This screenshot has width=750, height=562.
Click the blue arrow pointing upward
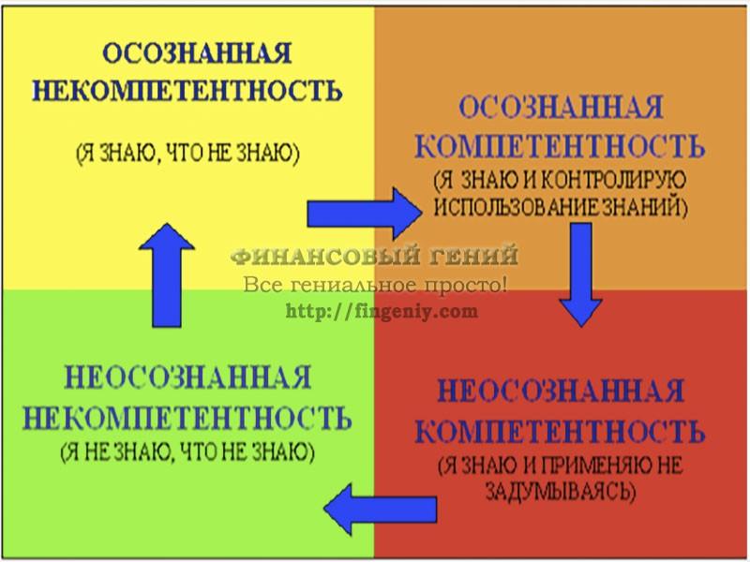(167, 274)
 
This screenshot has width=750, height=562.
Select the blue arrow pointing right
(365, 214)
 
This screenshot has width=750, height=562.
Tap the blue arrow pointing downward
(580, 274)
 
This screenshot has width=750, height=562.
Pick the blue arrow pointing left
(381, 509)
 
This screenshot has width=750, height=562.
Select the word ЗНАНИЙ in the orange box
(644, 207)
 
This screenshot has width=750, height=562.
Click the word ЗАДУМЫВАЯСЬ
(561, 490)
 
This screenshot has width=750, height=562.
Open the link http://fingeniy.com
(382, 312)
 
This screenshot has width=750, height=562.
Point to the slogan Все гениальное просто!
(375, 285)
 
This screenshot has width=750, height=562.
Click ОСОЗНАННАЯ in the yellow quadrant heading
(197, 52)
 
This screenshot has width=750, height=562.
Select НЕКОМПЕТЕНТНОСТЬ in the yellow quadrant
(187, 90)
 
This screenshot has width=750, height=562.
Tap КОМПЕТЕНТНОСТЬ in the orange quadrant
(560, 146)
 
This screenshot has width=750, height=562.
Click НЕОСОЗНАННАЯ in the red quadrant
(561, 391)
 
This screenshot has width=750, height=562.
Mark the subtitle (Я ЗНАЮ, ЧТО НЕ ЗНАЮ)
(187, 154)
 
